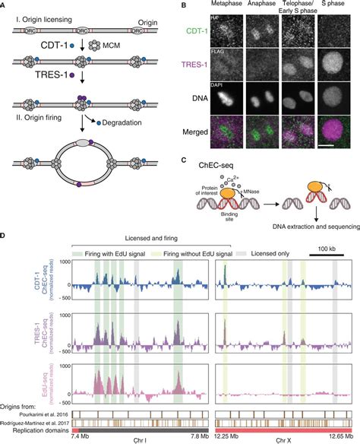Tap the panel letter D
pos(5,227)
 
